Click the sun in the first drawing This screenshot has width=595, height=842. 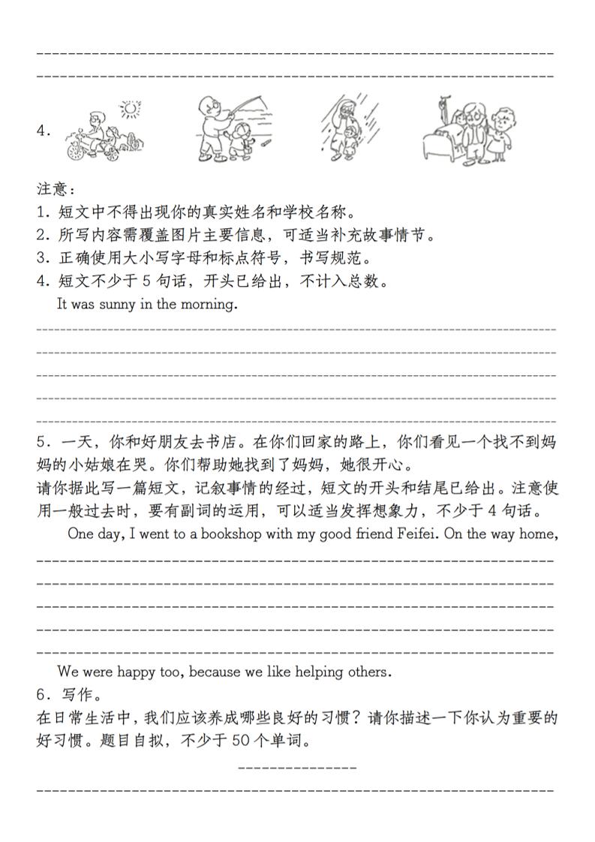point(132,110)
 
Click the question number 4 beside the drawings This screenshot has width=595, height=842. point(43,131)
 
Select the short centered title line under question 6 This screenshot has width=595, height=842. point(297,768)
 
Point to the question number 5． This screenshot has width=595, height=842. point(43,443)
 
